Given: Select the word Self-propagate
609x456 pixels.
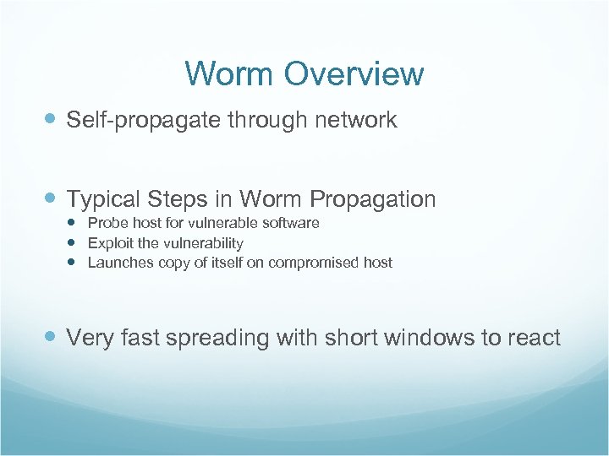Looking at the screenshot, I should click(x=143, y=121).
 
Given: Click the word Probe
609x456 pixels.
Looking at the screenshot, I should click(x=106, y=223).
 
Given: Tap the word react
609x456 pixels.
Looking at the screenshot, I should click(x=534, y=339).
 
